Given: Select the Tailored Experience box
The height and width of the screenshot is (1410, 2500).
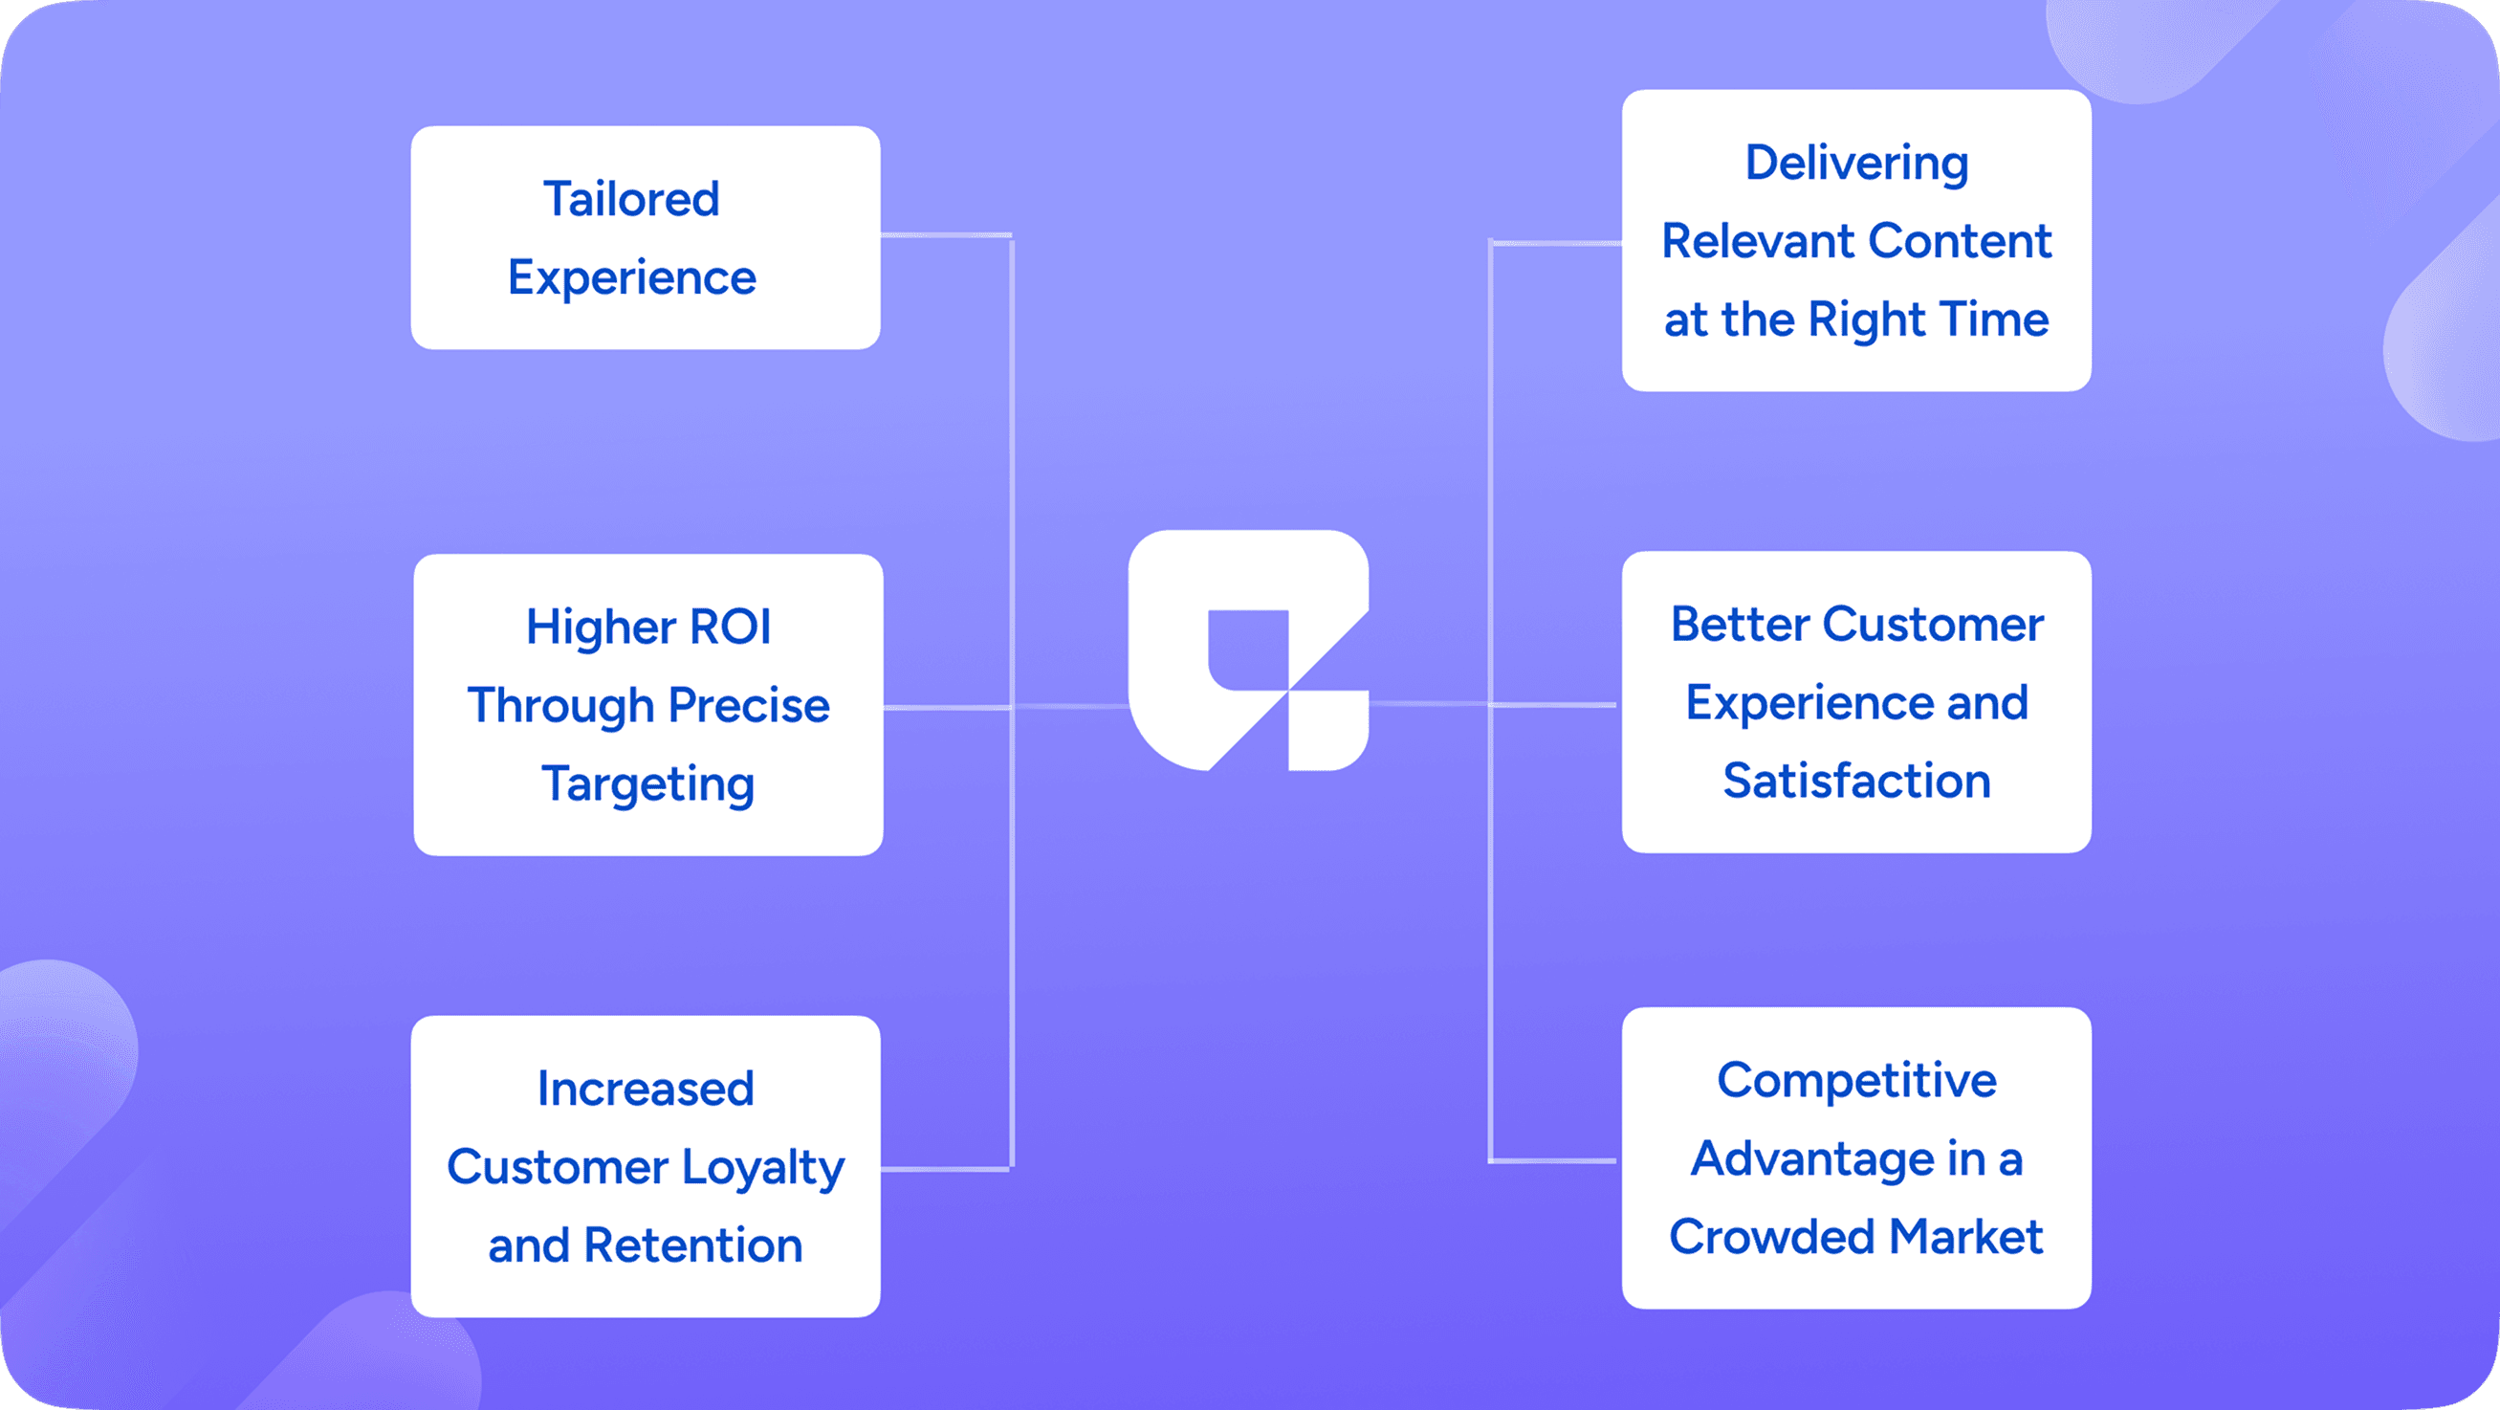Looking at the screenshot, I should tap(646, 238).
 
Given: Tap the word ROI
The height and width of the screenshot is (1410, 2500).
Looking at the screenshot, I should tap(731, 627).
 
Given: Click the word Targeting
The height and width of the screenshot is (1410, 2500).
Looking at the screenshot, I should tap(648, 784).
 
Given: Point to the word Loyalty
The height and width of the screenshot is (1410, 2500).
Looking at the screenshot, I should tap(763, 1167).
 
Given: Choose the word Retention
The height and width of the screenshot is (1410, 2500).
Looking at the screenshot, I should tap(693, 1245).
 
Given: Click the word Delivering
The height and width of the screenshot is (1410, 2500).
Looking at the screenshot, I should tap(1856, 163).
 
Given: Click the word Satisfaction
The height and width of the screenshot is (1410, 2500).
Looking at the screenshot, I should tap(1856, 782).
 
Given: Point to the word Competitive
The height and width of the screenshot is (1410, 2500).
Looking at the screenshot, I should tap(1856, 1080).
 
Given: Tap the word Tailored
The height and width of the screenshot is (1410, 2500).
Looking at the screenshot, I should tap(631, 199).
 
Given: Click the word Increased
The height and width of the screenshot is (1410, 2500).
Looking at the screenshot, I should tap(646, 1089).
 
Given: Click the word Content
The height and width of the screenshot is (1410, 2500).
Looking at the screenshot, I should tap(1960, 241).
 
